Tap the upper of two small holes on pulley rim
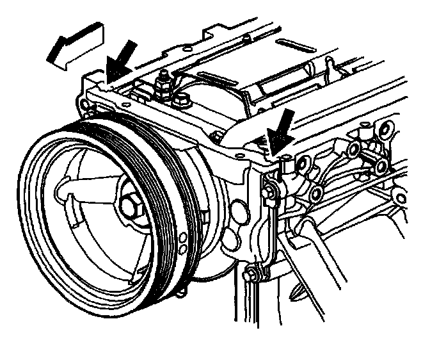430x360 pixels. (x=182, y=238)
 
